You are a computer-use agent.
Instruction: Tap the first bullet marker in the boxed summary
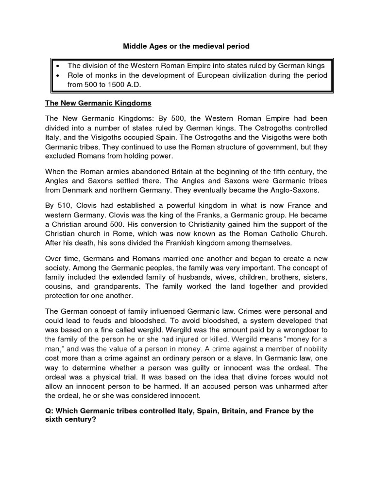pos(57,66)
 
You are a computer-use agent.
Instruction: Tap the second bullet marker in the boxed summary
pos(57,75)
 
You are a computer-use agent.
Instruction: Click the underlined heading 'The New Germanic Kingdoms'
pos(98,103)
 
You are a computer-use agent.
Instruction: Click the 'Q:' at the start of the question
pos(50,411)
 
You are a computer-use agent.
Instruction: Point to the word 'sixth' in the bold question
pos(54,420)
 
